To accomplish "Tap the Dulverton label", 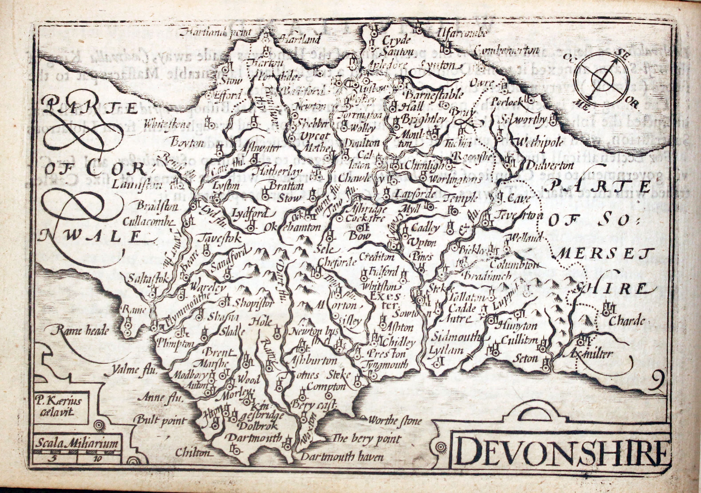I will pos(549,165).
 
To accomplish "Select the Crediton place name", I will pos(376,257).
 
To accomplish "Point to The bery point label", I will pos(366,439).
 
